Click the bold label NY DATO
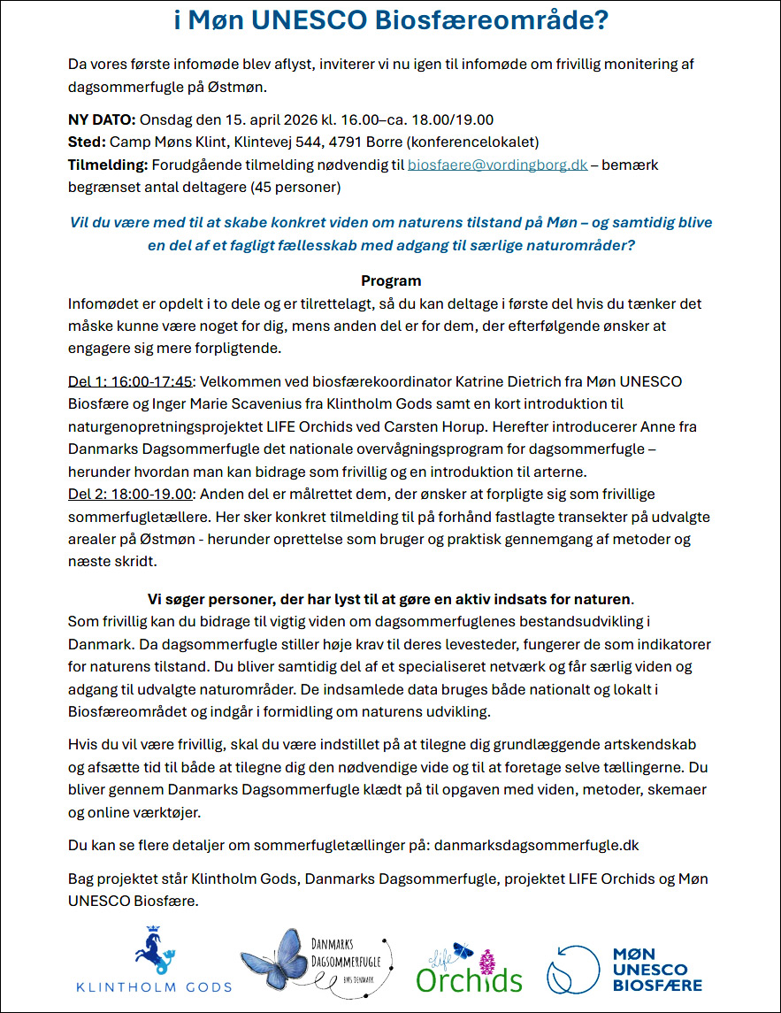pos(102,120)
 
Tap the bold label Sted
pos(86,142)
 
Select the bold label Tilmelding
pos(108,165)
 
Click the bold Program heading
pos(391,281)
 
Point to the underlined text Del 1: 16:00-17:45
pos(129,380)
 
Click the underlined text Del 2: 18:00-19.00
pos(129,494)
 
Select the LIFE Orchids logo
pos(469,967)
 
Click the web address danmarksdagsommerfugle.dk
pos(537,846)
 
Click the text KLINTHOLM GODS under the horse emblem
pos(154,986)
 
